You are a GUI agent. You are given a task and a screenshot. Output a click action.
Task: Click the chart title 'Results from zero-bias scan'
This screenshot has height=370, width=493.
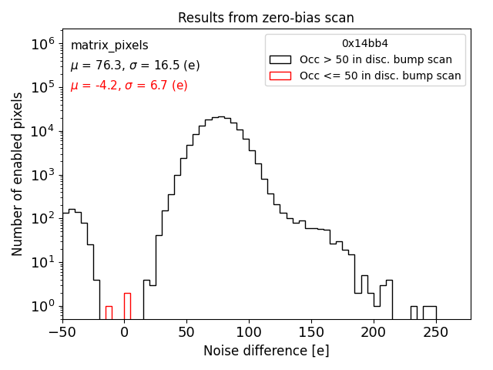(266, 18)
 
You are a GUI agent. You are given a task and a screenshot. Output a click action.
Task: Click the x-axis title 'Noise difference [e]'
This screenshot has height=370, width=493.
(266, 351)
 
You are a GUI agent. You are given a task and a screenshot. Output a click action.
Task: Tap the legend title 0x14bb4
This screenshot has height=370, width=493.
(365, 44)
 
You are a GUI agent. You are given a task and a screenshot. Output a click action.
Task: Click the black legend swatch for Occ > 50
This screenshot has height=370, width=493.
(281, 59)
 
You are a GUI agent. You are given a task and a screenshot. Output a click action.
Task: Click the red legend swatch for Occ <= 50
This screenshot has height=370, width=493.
(281, 76)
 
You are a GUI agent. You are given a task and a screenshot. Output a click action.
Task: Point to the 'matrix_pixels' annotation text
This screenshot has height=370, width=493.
(109, 45)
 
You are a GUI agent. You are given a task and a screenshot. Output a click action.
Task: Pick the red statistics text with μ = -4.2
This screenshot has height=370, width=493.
(129, 86)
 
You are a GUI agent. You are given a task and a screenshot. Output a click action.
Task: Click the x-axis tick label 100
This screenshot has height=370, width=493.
(249, 332)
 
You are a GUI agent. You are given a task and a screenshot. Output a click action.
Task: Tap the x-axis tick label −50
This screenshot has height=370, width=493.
(62, 332)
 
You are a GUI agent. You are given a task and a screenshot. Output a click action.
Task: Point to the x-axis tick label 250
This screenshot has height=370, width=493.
(436, 332)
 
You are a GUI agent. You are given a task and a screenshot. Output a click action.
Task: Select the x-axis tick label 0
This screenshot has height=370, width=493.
(125, 332)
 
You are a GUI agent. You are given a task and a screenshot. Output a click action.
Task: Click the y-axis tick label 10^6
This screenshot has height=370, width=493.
(42, 44)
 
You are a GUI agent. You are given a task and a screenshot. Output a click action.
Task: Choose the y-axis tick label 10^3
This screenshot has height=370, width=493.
(42, 175)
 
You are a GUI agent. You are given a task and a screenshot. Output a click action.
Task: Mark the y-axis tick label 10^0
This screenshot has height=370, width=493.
(42, 306)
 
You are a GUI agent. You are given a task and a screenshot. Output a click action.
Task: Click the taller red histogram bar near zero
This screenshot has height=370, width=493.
(127, 306)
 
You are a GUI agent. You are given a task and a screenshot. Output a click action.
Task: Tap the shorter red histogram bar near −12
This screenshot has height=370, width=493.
(109, 313)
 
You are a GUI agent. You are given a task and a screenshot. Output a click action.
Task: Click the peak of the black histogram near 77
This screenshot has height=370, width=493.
(220, 117)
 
